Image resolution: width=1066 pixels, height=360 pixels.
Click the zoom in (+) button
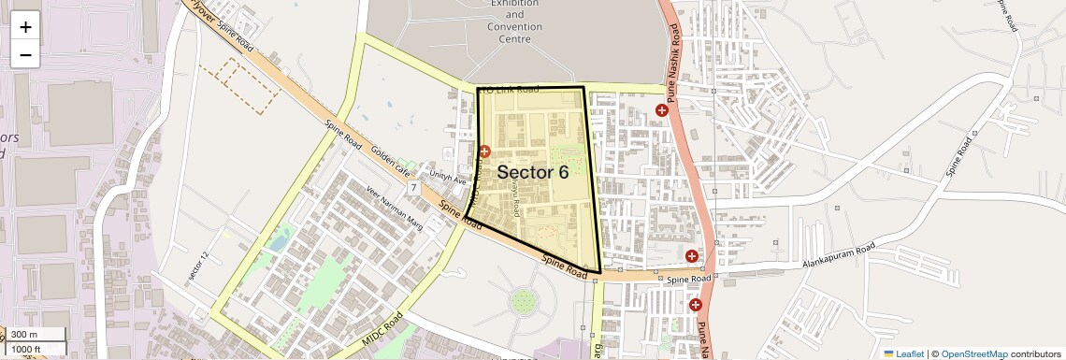point(25,26)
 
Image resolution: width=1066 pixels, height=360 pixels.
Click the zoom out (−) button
point(25,54)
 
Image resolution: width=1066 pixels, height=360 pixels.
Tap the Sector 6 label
point(532,172)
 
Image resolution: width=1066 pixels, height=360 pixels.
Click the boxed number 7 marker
point(412,188)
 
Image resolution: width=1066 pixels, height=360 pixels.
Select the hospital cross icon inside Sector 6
point(484,151)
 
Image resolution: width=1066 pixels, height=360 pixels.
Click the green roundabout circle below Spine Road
point(524,302)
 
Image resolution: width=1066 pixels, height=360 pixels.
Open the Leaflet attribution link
point(903,353)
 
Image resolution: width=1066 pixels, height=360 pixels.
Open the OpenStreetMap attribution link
point(973,353)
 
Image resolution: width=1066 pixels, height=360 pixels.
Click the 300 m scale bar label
point(25,335)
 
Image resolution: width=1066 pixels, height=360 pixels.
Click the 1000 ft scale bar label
point(28,349)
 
